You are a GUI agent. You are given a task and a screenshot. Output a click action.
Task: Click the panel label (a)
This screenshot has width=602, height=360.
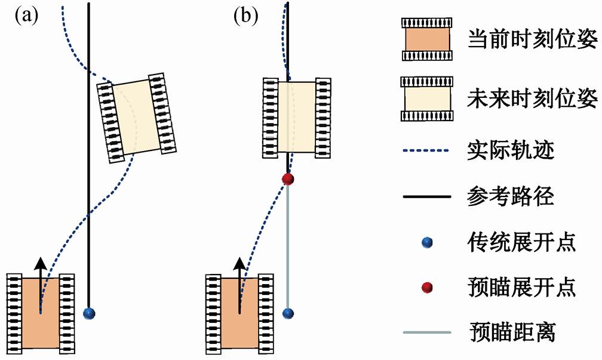26,16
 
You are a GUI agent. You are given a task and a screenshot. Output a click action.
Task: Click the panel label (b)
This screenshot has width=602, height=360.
246,16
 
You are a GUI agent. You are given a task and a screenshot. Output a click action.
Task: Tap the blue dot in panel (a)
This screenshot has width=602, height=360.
89,313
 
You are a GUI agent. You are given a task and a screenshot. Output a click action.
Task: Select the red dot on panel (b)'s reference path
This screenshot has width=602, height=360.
288,179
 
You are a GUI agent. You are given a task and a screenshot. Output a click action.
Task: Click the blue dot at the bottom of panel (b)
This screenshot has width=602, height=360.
288,313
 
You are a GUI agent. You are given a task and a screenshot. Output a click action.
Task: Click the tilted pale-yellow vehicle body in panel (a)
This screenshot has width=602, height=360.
136,116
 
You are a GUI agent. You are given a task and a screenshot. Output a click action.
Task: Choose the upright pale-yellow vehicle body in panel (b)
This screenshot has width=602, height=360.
296,117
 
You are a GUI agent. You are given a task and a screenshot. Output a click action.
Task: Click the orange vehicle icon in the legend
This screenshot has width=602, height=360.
426,39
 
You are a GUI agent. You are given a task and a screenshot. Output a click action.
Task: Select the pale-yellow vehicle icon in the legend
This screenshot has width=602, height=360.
426,99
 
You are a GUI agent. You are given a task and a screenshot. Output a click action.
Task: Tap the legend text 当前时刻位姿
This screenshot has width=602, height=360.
532,39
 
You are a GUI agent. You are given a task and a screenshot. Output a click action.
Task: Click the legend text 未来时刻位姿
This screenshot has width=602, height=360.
532,99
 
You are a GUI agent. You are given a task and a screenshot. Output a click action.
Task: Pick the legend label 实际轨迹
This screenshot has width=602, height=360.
511,150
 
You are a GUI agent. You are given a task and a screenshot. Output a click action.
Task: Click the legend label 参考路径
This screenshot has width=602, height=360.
511,196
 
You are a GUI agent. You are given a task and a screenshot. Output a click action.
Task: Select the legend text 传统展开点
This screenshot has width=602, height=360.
521,242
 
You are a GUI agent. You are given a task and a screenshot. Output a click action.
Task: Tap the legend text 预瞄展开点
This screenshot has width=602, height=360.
521,287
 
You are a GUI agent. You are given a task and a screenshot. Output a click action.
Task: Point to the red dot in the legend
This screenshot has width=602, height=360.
427,287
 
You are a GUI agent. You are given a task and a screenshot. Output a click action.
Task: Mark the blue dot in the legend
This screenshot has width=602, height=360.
427,242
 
